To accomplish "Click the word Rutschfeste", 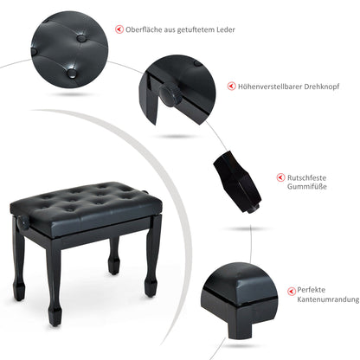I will coord(306,176).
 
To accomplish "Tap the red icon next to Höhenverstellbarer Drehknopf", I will coord(230,87).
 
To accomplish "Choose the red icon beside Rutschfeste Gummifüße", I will coord(281,177).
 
